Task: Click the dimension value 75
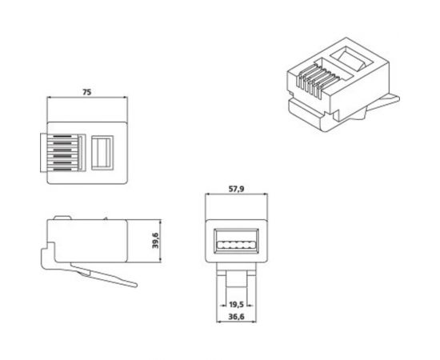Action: pos(87,92)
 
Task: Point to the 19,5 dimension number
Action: pos(235,305)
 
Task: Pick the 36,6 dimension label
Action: pos(234,318)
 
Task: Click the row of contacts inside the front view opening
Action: pos(236,242)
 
